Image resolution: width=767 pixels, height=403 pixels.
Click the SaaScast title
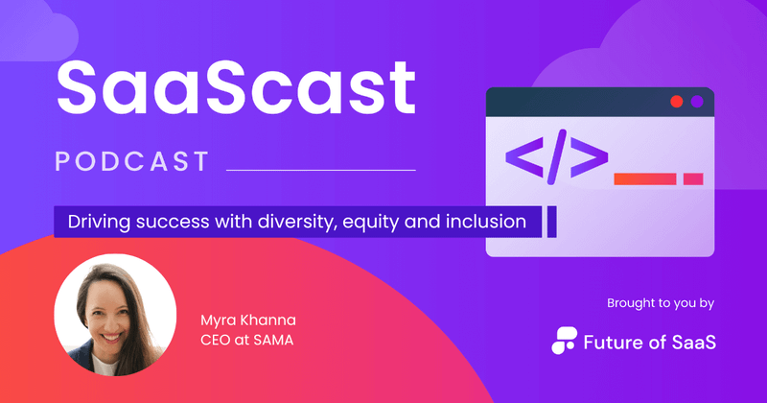[235, 86]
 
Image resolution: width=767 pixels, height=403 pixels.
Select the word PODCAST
[132, 161]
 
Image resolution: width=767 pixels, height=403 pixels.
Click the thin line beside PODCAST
[320, 171]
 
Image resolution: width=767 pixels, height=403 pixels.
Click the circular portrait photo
[114, 315]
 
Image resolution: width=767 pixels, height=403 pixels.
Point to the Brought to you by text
[661, 304]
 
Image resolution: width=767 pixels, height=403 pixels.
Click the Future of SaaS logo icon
[566, 339]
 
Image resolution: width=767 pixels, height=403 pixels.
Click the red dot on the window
[677, 101]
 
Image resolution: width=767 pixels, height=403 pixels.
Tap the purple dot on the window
[698, 101]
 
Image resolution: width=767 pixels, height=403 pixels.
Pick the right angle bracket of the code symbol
[590, 156]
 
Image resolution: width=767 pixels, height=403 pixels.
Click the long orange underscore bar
[645, 178]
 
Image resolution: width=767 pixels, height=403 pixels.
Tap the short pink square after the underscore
[693, 178]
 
